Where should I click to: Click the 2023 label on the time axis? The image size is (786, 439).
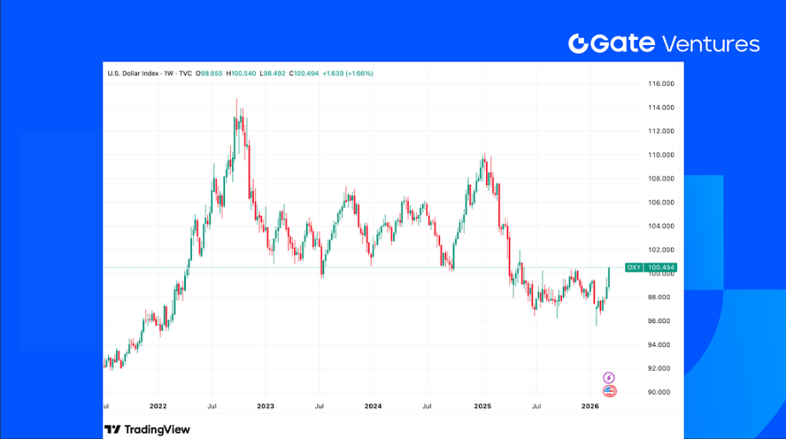coord(265,407)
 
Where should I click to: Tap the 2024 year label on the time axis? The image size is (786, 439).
coord(373,407)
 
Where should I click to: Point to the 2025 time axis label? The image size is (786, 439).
coord(482,407)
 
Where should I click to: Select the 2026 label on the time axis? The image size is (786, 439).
coord(590,407)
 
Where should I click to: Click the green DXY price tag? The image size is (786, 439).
coord(633,268)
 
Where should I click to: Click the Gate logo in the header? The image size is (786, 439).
coord(611,44)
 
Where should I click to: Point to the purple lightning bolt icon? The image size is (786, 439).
coord(609,377)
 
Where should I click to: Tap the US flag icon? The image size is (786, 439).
coord(609,391)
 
